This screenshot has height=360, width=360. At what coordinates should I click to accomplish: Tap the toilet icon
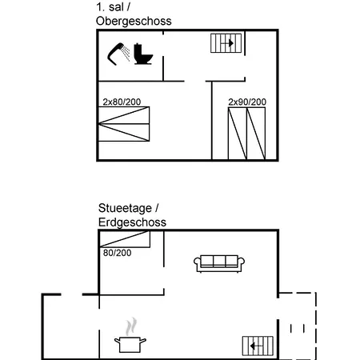coord(143,54)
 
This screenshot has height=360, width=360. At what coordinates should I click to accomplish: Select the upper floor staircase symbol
coord(226,43)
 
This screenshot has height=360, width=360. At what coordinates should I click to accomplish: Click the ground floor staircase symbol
coord(258,346)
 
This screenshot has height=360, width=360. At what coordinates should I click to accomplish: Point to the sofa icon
coord(219,263)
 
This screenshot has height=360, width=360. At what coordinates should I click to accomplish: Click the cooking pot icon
coord(130,344)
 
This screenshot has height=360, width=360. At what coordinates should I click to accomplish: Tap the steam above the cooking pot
coord(131,326)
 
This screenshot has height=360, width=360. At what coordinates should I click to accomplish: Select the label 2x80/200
coord(122,102)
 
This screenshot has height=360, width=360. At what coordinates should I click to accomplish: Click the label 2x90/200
coord(247,102)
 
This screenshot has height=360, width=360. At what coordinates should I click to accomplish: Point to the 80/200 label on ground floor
coord(118,253)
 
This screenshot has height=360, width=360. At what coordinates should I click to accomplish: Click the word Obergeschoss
coord(134,21)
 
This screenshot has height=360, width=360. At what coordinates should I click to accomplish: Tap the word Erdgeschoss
coord(132,222)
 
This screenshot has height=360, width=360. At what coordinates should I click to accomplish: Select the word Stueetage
coord(125,208)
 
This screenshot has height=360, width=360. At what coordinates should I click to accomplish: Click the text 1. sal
coord(110,7)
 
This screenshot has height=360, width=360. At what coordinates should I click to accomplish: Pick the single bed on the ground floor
coord(125,239)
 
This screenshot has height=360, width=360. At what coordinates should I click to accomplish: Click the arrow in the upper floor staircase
coord(229,43)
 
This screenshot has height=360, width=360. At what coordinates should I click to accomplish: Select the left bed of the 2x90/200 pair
coord(238,134)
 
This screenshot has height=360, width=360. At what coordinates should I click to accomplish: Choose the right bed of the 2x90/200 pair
coord(256,134)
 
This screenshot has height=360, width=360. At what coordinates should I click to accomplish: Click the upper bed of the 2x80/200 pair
coord(124,115)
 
